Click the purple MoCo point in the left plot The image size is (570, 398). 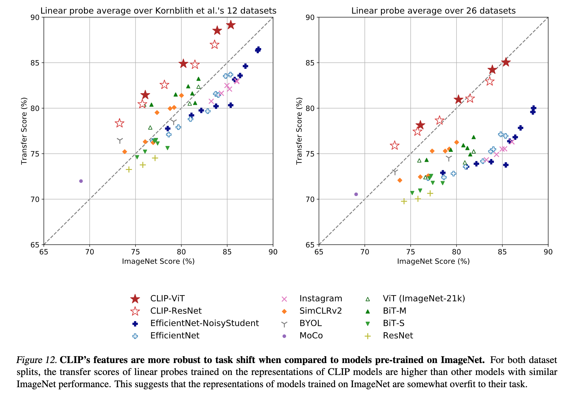tap(81, 181)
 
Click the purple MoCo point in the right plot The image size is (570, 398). tap(356, 194)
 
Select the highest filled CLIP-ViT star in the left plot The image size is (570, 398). tap(231, 25)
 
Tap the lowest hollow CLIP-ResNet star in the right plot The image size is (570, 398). tap(395, 145)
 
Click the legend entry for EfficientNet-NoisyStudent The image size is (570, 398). tap(204, 323)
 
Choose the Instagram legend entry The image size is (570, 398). tap(321, 299)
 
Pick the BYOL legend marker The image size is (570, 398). tap(284, 324)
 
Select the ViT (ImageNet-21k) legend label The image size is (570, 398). tap(423, 299)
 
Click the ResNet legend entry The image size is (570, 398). tap(398, 336)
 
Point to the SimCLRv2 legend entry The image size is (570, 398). tap(320, 311)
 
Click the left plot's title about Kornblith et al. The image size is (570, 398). tap(158, 11)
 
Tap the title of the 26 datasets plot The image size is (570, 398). tap(433, 11)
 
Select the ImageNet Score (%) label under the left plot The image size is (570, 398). tap(158, 261)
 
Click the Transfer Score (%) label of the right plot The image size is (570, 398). tap(299, 131)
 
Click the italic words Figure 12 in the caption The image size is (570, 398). tap(37, 360)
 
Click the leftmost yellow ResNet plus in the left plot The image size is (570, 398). tap(129, 170)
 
